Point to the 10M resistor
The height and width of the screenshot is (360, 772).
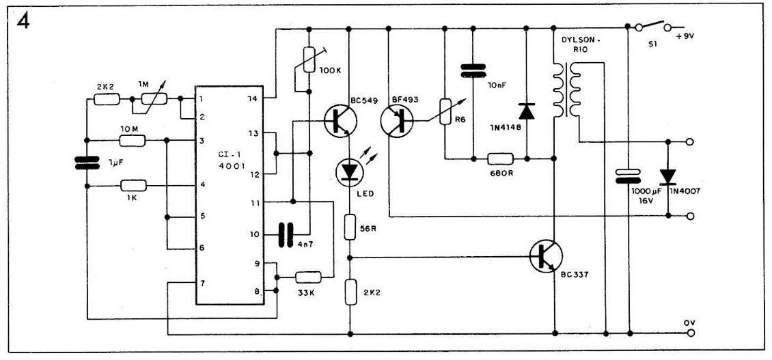coord(132,141)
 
